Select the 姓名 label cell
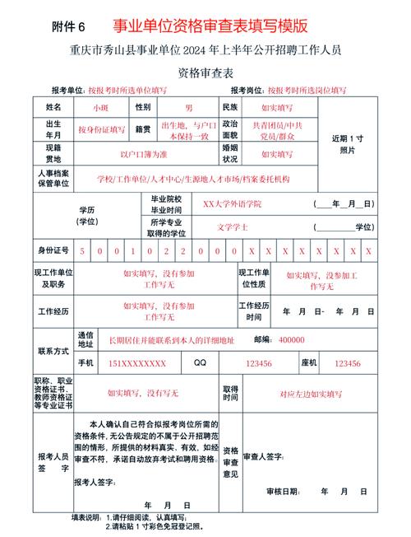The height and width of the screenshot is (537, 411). point(53,107)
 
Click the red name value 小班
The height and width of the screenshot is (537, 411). point(101,108)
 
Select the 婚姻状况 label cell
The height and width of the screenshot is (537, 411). point(229,153)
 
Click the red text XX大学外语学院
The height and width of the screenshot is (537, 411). point(233,203)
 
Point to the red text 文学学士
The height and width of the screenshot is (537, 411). point(233,226)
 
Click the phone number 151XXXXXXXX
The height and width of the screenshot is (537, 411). point(137,363)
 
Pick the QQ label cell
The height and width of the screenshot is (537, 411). point(201,363)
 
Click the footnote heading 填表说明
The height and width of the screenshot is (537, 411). point(88,517)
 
